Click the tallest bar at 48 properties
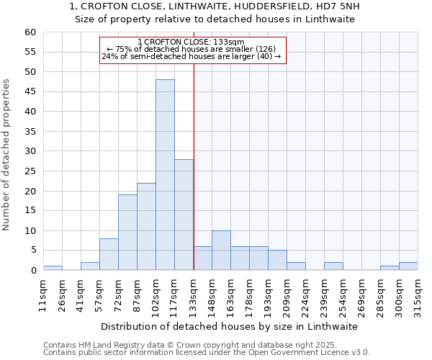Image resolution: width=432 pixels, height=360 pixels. pyautogui.click(x=165, y=175)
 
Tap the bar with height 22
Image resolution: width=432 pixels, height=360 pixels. pyautogui.click(x=146, y=227)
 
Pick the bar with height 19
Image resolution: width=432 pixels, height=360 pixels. pyautogui.click(x=127, y=233)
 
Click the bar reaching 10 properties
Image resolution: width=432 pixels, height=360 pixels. pyautogui.click(x=221, y=251)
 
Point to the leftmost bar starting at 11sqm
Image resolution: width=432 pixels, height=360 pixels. pyautogui.click(x=53, y=268)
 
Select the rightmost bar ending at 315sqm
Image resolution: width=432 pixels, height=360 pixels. pyautogui.click(x=408, y=266)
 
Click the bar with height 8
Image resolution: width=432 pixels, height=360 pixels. pyautogui.click(x=109, y=254)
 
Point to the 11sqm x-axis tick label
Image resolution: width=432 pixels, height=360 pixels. pyautogui.click(x=44, y=294)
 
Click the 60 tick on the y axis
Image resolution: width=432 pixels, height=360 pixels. pyautogui.click(x=30, y=32)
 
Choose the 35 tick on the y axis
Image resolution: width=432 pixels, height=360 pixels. pyautogui.click(x=30, y=132)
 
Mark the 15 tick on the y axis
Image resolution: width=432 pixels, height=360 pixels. pyautogui.click(x=30, y=211)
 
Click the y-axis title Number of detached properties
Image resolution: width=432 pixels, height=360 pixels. pyautogui.click(x=7, y=155)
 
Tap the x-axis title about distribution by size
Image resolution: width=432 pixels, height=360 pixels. pyautogui.click(x=229, y=326)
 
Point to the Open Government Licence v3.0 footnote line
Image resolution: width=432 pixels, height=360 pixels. pyautogui.click(x=207, y=352)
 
